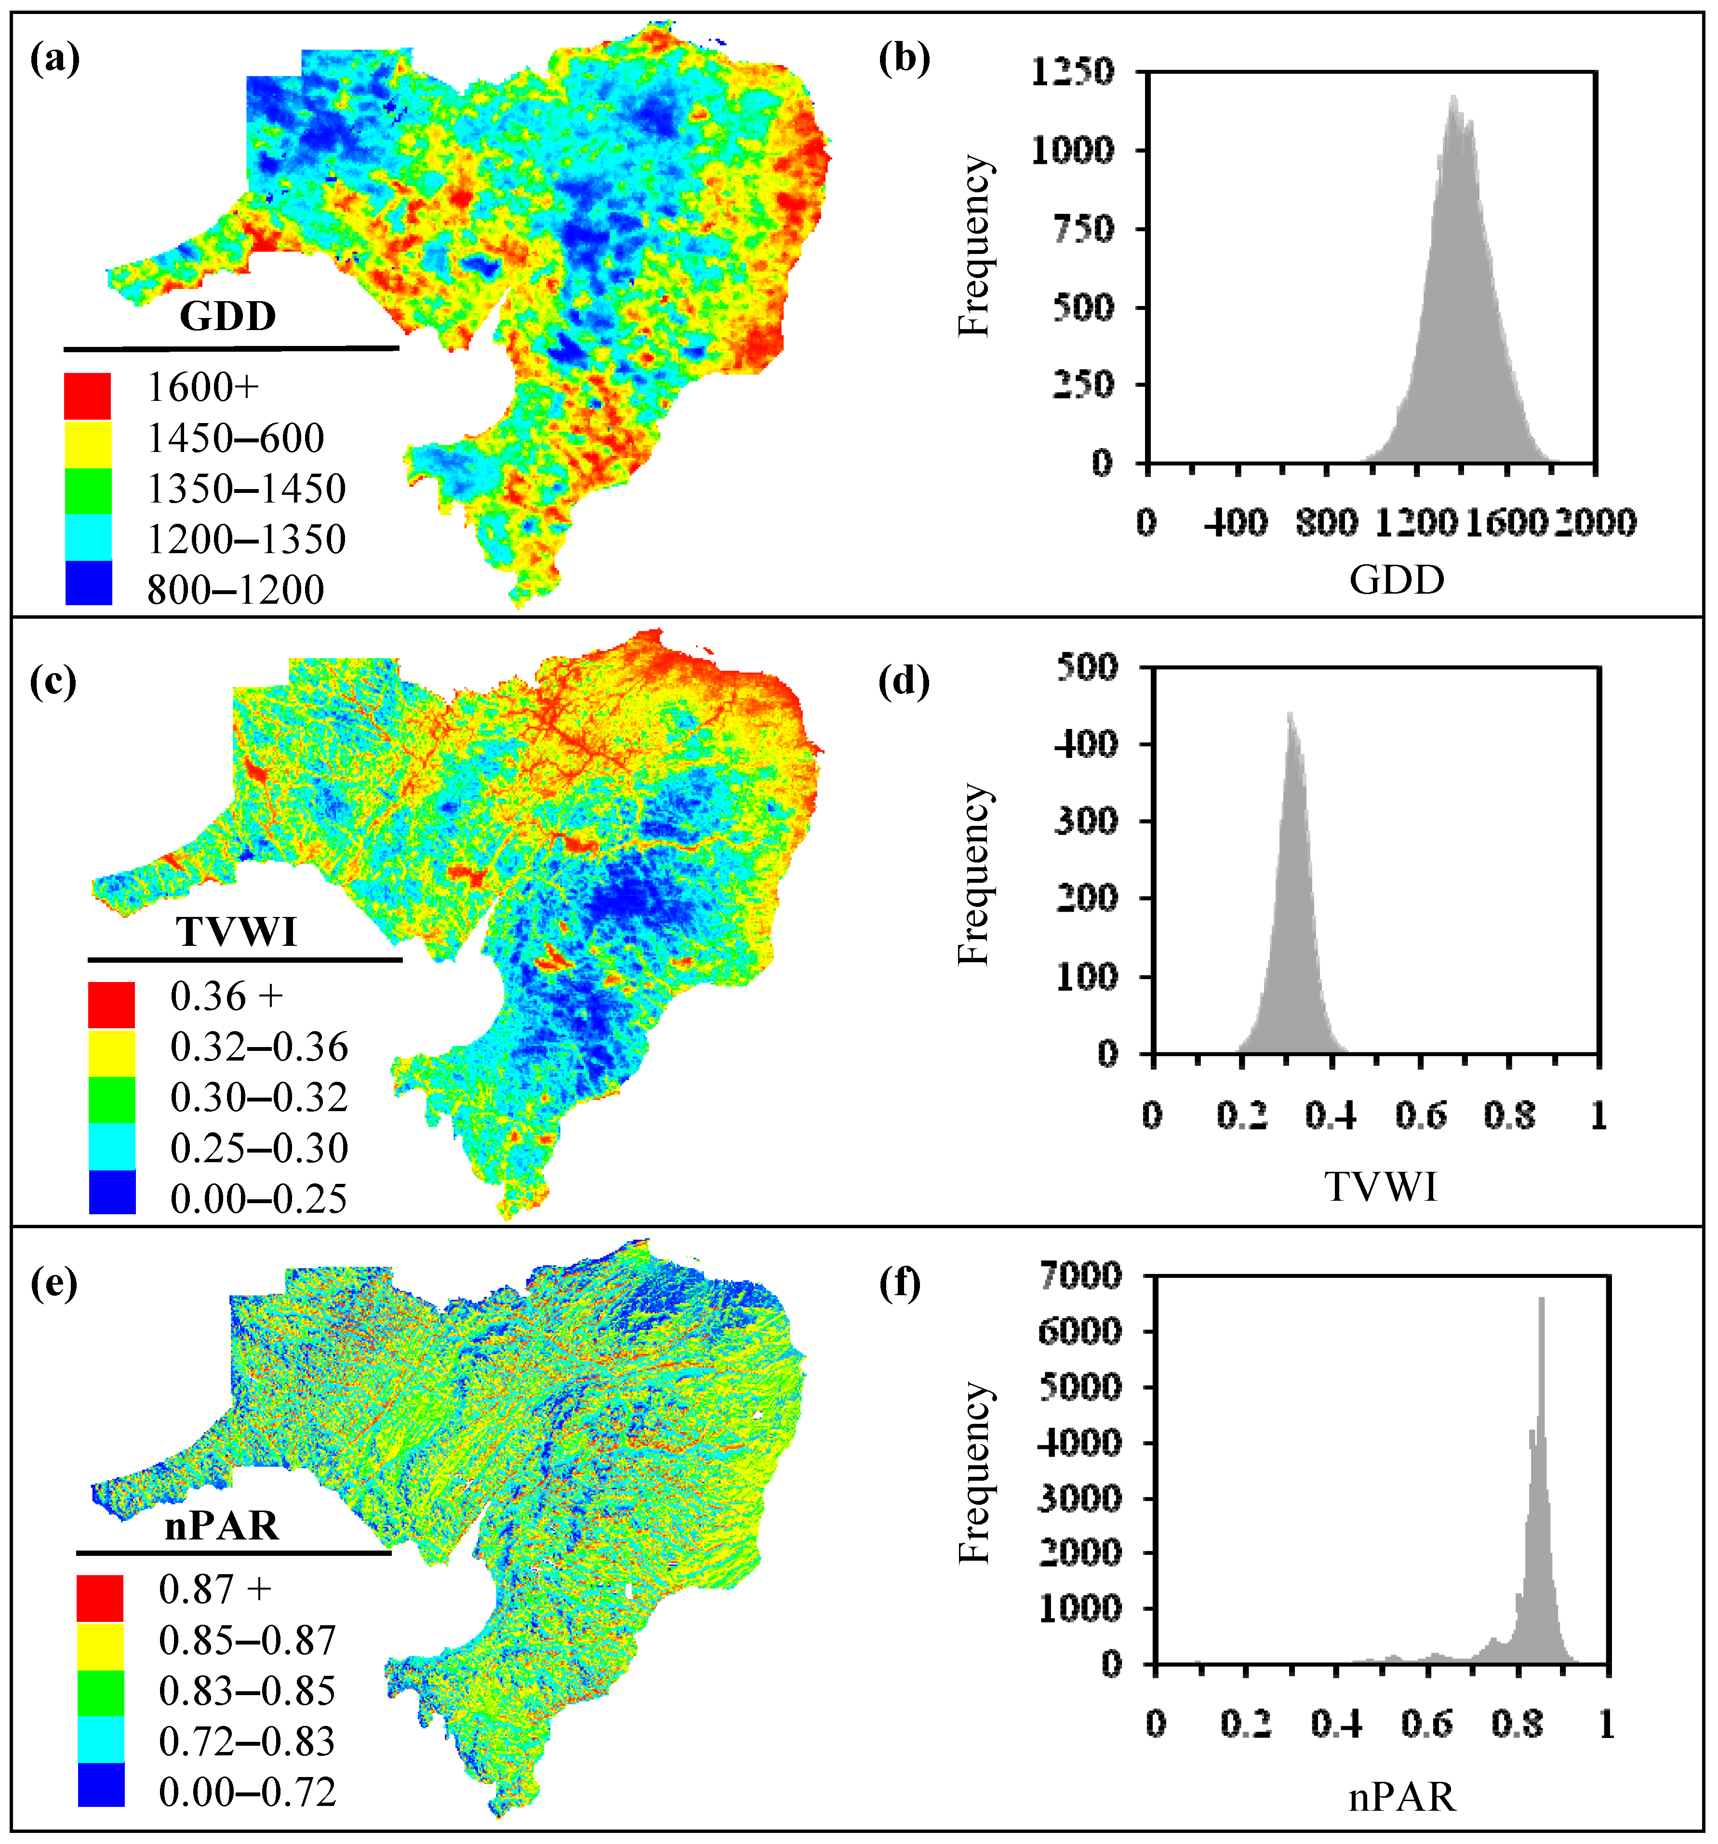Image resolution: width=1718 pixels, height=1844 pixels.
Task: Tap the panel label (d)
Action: [904, 682]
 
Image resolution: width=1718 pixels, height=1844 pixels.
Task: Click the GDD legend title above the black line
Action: [227, 316]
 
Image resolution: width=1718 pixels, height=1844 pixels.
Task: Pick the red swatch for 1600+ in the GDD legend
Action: [88, 396]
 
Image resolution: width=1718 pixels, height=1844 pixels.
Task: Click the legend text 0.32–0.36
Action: [259, 1047]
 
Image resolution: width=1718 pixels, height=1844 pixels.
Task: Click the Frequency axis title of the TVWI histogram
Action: [974, 875]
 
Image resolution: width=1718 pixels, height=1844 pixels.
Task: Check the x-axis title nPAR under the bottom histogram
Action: [1402, 1798]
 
